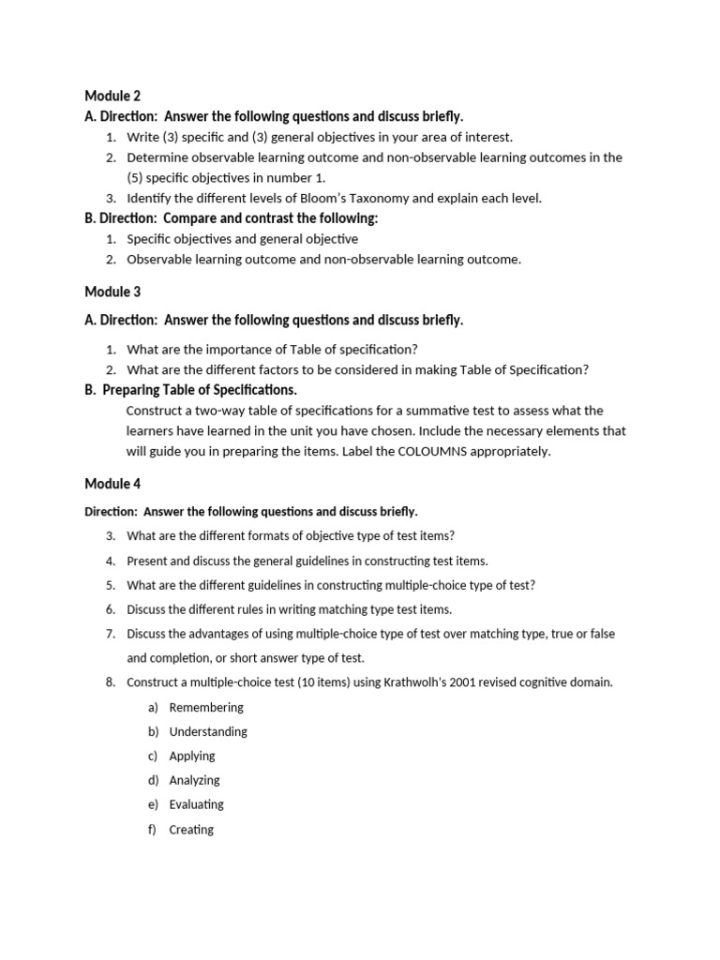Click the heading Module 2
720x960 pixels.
pyautogui.click(x=112, y=95)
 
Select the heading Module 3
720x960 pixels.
pyautogui.click(x=112, y=292)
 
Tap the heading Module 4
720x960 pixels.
pyautogui.click(x=112, y=484)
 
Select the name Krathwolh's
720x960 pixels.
pyautogui.click(x=414, y=682)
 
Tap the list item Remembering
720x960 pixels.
pyautogui.click(x=206, y=707)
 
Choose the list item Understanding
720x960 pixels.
pyautogui.click(x=208, y=731)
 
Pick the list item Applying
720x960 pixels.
pyautogui.click(x=192, y=756)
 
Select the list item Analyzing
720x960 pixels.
pyautogui.click(x=194, y=780)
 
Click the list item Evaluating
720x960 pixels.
pyautogui.click(x=196, y=804)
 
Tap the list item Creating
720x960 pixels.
pyautogui.click(x=191, y=830)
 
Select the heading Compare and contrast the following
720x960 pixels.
pyautogui.click(x=271, y=218)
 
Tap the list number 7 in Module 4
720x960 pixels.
pyautogui.click(x=110, y=634)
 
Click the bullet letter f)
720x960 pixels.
pyautogui.click(x=151, y=830)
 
